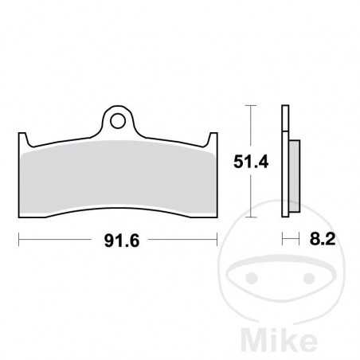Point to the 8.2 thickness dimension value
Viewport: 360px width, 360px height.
(x=311, y=237)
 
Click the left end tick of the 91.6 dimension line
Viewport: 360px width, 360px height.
(x=18, y=237)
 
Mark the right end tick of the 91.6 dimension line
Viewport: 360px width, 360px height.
(x=217, y=237)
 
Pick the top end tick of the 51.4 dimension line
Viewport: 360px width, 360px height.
(x=251, y=105)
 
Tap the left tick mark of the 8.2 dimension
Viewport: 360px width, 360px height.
(x=283, y=237)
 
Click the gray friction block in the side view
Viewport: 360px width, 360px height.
(x=292, y=175)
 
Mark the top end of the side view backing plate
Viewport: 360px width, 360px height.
(x=284, y=107)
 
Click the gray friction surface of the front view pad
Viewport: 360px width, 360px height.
(x=119, y=179)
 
